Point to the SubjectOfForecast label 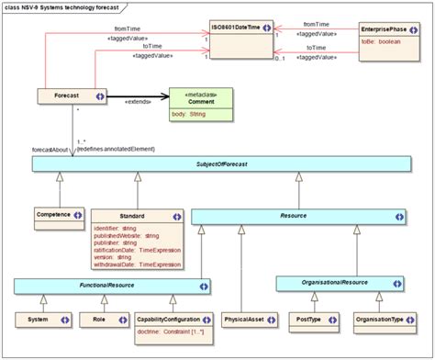click(217, 163)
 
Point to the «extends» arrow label click(138, 101)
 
